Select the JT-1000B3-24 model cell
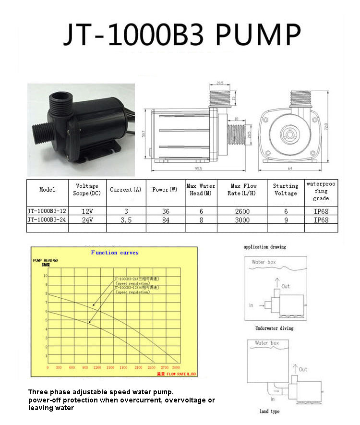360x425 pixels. pyautogui.click(x=47, y=220)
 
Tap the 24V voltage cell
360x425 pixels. pyautogui.click(x=87, y=220)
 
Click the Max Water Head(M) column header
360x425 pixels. pyautogui.click(x=201, y=190)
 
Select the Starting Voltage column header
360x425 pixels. pyautogui.click(x=286, y=190)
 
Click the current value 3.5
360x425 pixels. pyautogui.click(x=126, y=220)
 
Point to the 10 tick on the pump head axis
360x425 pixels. pyautogui.click(x=46, y=276)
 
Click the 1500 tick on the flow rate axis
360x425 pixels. pyautogui.click(x=110, y=367)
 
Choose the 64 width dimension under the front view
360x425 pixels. pyautogui.click(x=290, y=169)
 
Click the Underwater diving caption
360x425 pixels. pyautogui.click(x=274, y=328)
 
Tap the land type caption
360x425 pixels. pyautogui.click(x=270, y=412)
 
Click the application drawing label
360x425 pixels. pyautogui.click(x=264, y=247)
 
